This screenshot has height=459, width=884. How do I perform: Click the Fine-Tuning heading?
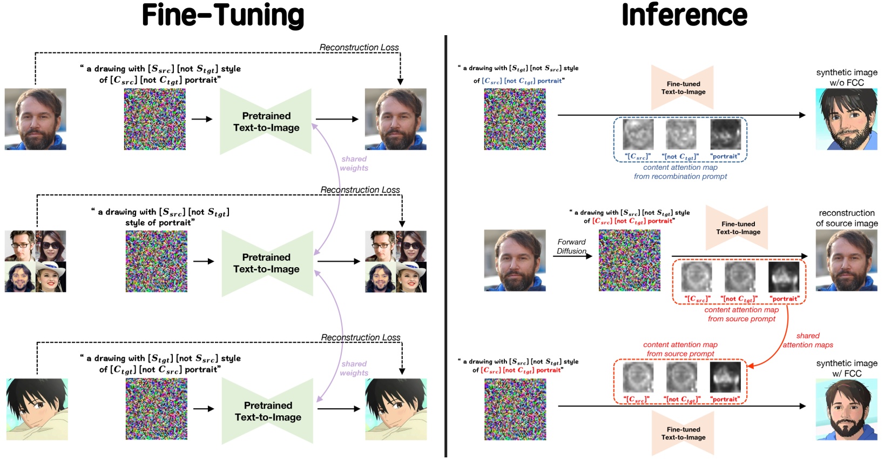tap(222, 15)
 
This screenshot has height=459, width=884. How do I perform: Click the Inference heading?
tap(684, 15)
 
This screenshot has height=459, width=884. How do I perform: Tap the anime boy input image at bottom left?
tap(37, 409)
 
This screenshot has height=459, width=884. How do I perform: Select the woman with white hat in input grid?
tap(51, 277)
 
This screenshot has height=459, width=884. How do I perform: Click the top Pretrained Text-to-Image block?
tap(266, 122)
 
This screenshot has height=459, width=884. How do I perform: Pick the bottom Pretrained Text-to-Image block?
tap(268, 411)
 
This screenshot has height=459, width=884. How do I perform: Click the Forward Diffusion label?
tap(571, 247)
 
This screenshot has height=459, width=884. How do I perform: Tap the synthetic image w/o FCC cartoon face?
tap(846, 119)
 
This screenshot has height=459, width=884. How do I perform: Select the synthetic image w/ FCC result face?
tap(846, 409)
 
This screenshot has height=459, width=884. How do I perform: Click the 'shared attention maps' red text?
tap(808, 341)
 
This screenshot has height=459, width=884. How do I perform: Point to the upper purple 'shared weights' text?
tap(354, 163)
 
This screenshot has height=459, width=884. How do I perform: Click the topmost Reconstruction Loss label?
tap(359, 48)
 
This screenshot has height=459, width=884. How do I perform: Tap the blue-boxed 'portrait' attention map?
tap(725, 135)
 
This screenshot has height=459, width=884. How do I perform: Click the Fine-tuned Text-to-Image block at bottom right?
tap(683, 433)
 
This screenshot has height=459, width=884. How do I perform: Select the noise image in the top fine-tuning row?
tap(155, 119)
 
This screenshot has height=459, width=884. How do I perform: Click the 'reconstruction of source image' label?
tap(846, 218)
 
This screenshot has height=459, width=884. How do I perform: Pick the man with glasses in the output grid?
tap(380, 246)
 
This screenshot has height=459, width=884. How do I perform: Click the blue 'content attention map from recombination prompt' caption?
tap(680, 172)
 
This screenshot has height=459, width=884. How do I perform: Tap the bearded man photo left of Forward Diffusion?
tap(515, 260)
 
